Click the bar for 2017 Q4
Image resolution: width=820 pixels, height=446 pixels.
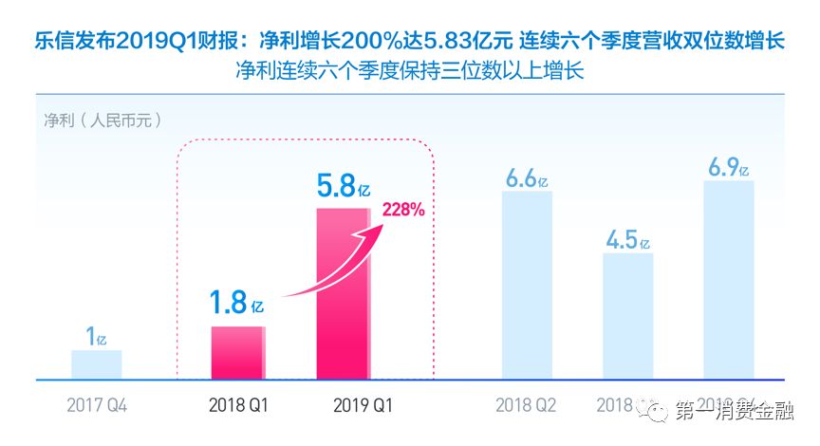pyautogui.click(x=96, y=364)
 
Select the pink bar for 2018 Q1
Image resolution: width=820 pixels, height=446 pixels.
pyautogui.click(x=237, y=353)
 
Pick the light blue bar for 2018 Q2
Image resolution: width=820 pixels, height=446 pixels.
pyautogui.click(x=527, y=285)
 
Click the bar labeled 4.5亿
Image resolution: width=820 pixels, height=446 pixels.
pyautogui.click(x=627, y=316)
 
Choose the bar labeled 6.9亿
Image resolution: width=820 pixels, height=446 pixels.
pyautogui.click(x=728, y=280)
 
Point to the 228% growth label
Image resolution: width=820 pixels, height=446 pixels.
pyautogui.click(x=403, y=211)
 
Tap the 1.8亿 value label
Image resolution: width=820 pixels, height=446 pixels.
pyautogui.click(x=237, y=304)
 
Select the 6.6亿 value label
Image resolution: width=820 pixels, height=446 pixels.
pyautogui.click(x=527, y=177)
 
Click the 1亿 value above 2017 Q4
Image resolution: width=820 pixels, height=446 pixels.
pyautogui.click(x=96, y=336)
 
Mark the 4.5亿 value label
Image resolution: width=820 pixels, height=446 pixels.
pyautogui.click(x=627, y=237)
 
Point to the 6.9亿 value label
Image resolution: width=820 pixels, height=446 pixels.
pyautogui.click(x=728, y=167)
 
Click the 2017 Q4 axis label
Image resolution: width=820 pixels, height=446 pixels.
pyautogui.click(x=96, y=405)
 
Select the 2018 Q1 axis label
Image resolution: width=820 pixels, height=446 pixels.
pyautogui.click(x=238, y=405)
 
